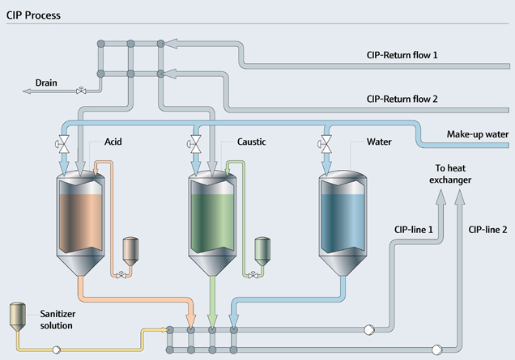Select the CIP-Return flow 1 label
coord(402,56)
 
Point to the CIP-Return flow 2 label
coord(402,100)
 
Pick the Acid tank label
coord(113,142)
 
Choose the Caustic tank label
coord(252,142)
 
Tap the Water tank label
coord(379,142)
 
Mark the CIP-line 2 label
coord(487,230)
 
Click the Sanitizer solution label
coord(50,320)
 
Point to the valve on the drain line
coord(81,91)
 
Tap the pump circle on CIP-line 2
coord(437,349)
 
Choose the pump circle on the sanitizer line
coord(57,349)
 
